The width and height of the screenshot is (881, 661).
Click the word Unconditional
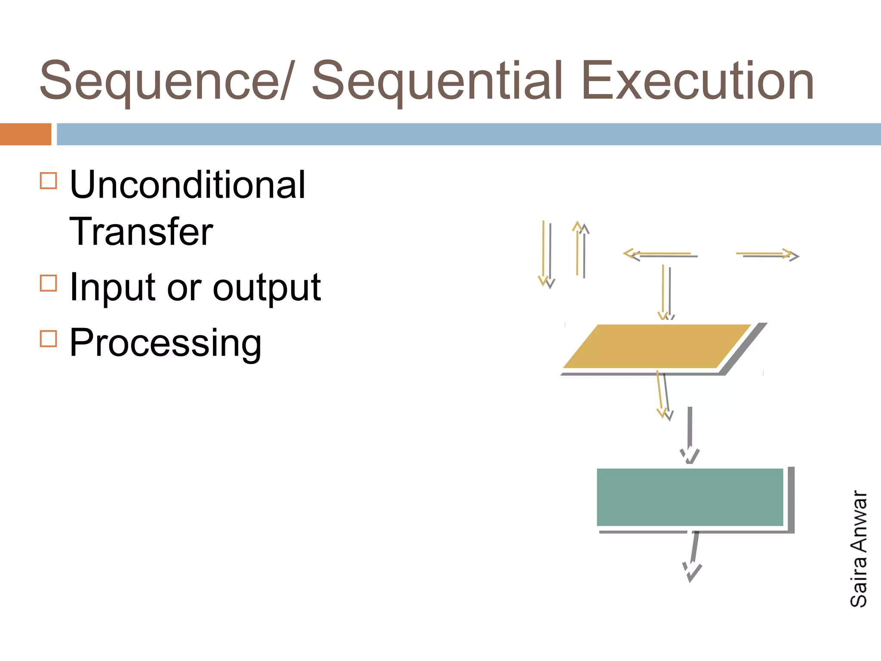click(x=188, y=185)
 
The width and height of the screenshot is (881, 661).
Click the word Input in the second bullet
click(x=112, y=287)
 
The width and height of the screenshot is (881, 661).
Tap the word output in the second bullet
click(x=267, y=287)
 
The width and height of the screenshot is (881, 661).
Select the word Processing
click(x=166, y=343)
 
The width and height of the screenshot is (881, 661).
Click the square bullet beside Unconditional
click(x=48, y=181)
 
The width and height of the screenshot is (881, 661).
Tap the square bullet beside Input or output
click(x=48, y=283)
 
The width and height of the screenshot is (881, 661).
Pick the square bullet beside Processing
click(x=48, y=338)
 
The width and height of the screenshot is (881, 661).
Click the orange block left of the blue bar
click(x=25, y=134)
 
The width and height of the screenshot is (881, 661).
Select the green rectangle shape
click(x=690, y=497)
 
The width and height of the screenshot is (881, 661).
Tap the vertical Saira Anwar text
click(x=859, y=549)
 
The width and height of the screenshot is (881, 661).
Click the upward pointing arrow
click(x=580, y=250)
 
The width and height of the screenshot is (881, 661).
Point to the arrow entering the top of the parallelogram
click(x=665, y=293)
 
